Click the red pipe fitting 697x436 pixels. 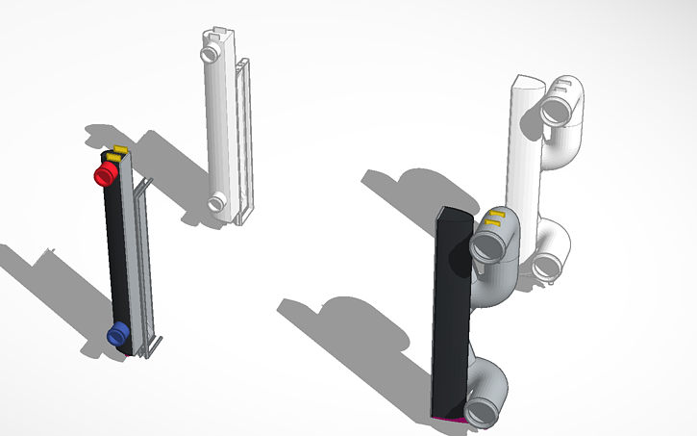[x=105, y=173]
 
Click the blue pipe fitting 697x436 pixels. [x=117, y=334]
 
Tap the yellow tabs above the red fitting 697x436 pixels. [x=117, y=152]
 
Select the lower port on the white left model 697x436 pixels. [x=217, y=202]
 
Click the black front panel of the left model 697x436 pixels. [x=119, y=250]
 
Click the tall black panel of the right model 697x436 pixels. [x=451, y=318]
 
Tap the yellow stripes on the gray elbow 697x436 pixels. [x=494, y=217]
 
